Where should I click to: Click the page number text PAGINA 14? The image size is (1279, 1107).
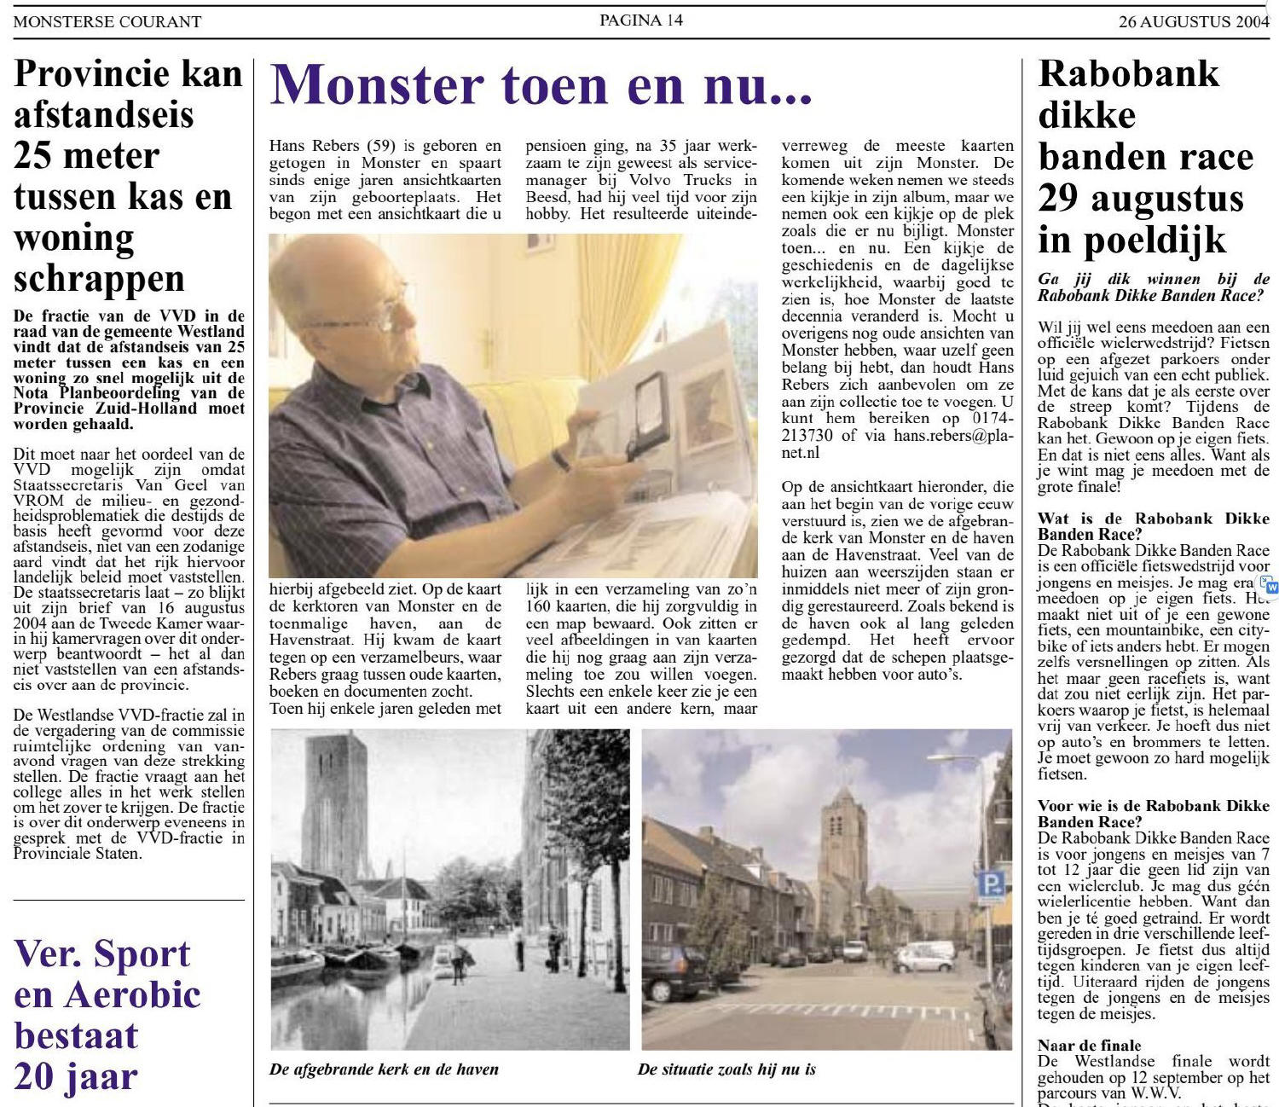pyautogui.click(x=640, y=20)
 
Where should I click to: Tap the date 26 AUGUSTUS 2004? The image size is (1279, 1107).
pyautogui.click(x=1194, y=22)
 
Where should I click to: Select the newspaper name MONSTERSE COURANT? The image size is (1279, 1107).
pyautogui.click(x=107, y=22)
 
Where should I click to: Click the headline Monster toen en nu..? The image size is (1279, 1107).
pyautogui.click(x=541, y=86)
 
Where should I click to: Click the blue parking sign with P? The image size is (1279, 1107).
pyautogui.click(x=990, y=884)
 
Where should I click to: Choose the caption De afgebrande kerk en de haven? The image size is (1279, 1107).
pyautogui.click(x=384, y=1069)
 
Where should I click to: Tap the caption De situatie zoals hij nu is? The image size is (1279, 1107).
pyautogui.click(x=726, y=1069)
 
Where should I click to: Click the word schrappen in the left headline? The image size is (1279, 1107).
pyautogui.click(x=99, y=279)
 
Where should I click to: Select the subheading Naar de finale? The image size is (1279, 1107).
pyautogui.click(x=1089, y=1046)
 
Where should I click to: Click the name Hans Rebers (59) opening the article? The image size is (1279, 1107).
pyautogui.click(x=330, y=146)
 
